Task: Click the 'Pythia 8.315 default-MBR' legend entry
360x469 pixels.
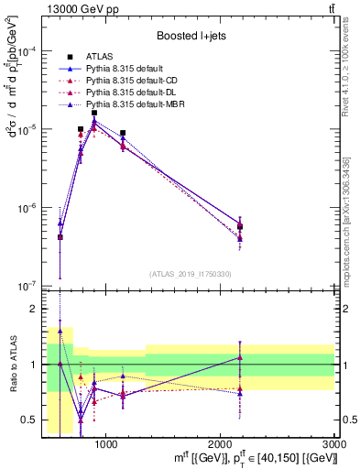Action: click(137, 104)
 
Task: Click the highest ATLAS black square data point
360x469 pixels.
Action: click(93, 113)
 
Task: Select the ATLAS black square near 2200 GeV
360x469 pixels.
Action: click(240, 226)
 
